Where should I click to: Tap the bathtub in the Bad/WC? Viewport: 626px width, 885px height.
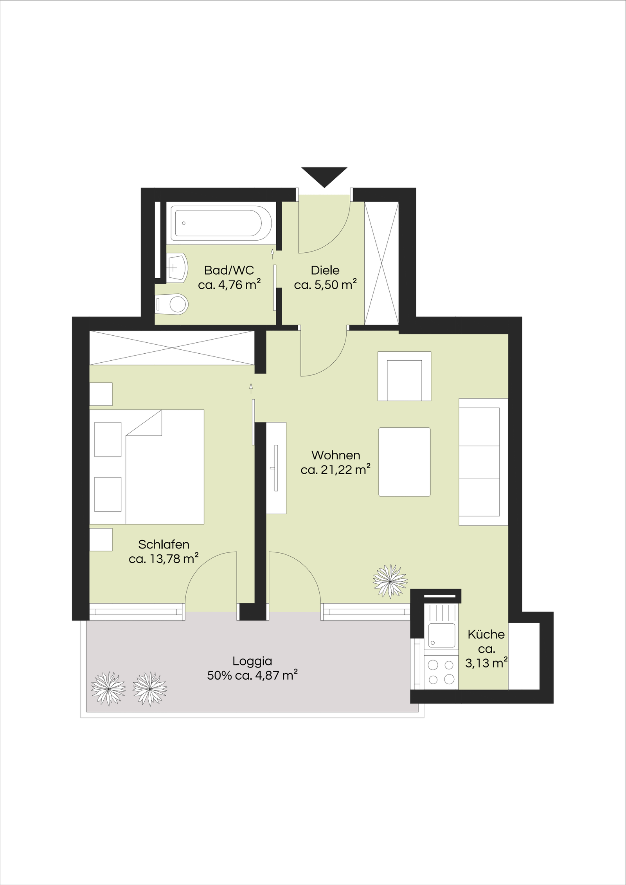coord(221,223)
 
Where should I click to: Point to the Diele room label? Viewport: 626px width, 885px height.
coord(325,270)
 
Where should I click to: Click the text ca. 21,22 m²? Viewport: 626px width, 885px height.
coord(336,469)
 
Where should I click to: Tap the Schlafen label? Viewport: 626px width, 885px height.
coord(164,544)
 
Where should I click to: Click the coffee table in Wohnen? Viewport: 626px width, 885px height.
coord(404,462)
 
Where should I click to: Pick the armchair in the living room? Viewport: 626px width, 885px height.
coord(404,376)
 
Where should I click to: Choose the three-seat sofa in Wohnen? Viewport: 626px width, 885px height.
coord(483,462)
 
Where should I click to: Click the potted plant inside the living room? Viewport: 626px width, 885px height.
coord(390,581)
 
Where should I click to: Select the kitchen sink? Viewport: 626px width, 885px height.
coord(442,635)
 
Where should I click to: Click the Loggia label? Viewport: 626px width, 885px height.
coord(252,661)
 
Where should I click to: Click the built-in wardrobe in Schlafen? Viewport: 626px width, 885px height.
coord(172,348)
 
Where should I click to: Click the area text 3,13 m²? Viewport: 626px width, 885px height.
coord(486,663)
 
